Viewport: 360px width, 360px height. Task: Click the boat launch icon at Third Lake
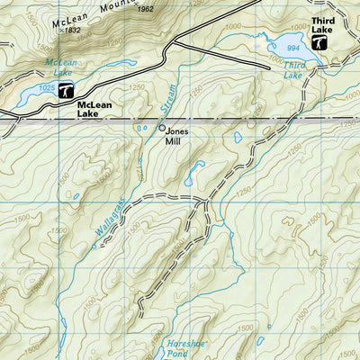[320, 41]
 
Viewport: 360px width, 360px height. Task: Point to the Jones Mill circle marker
[163, 128]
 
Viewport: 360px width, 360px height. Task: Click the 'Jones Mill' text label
[178, 136]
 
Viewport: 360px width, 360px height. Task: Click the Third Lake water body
[297, 50]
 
